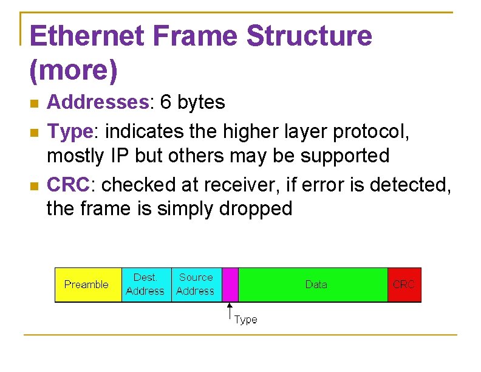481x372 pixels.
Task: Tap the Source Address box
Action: [196, 284]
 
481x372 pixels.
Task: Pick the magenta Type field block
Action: [230, 284]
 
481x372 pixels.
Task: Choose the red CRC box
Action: [404, 284]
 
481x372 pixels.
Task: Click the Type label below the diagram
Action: [246, 320]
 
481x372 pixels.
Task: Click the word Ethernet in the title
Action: [86, 36]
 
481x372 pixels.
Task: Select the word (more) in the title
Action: [73, 71]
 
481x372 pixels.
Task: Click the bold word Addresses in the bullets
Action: [97, 103]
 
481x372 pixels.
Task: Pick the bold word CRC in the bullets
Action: [68, 183]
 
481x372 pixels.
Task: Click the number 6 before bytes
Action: [166, 103]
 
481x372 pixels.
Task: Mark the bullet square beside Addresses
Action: [34, 103]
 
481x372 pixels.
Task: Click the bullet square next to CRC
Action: [34, 184]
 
